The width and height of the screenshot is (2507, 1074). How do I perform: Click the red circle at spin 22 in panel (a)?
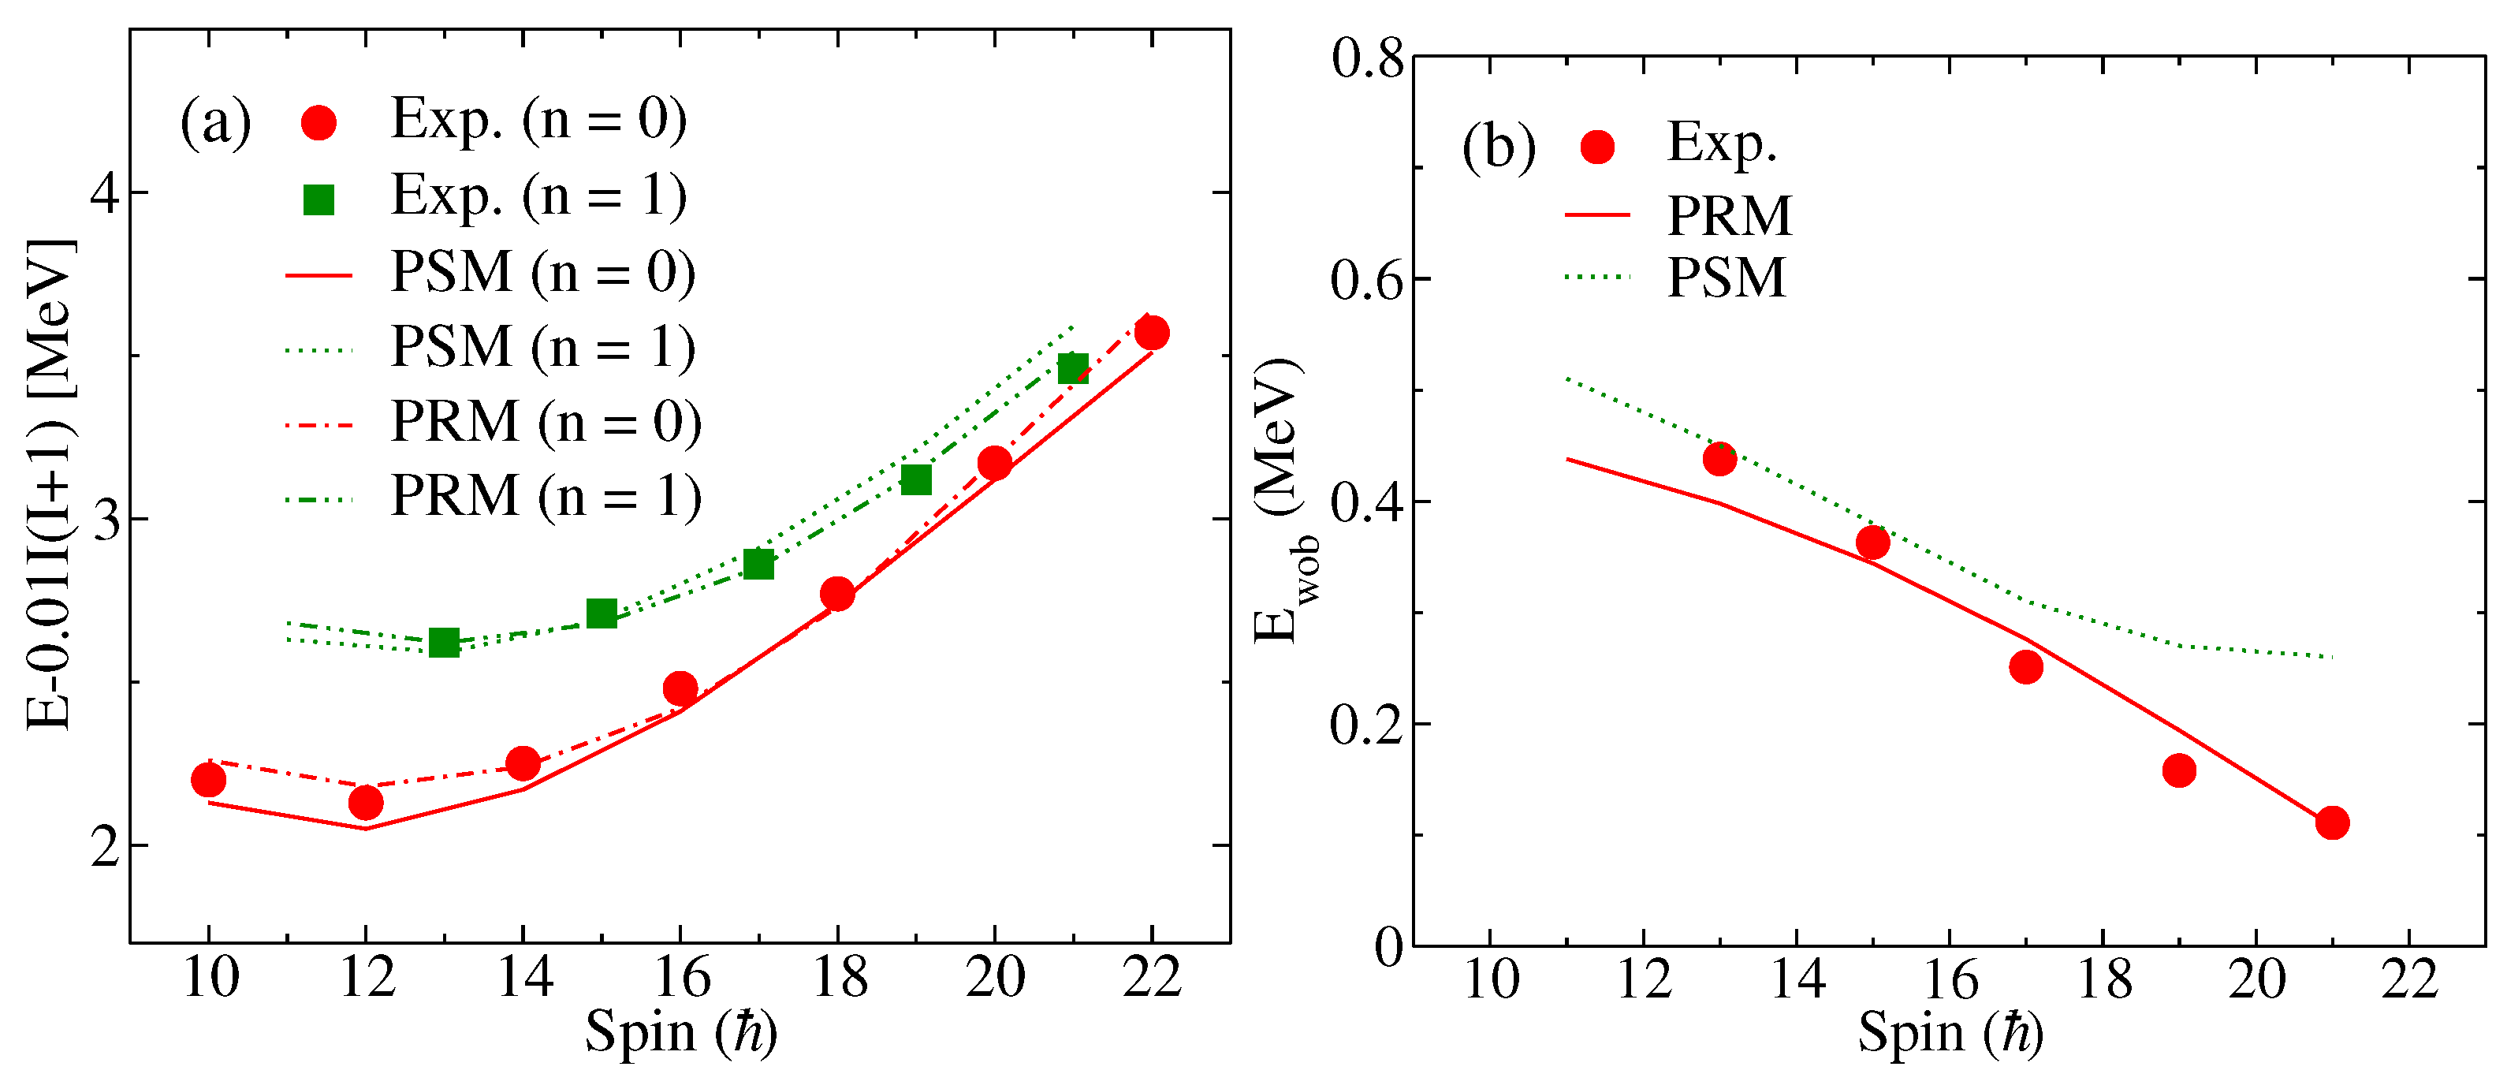[x=1151, y=333]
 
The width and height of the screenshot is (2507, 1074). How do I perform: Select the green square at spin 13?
[x=444, y=643]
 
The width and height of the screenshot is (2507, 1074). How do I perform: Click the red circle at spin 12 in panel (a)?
[x=365, y=802]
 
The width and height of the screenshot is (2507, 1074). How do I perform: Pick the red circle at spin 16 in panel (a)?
[x=680, y=688]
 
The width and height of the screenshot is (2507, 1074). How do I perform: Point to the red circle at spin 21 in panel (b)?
[x=2332, y=822]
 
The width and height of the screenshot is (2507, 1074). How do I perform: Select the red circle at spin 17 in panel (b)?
[x=2025, y=667]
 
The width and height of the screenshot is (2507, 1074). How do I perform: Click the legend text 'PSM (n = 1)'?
[x=543, y=348]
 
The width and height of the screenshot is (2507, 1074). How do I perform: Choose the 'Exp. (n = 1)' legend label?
[x=538, y=196]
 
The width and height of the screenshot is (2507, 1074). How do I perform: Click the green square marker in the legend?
[x=319, y=200]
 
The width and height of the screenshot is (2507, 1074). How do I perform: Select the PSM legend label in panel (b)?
[x=1727, y=278]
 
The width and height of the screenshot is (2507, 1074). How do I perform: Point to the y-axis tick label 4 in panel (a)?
[x=105, y=192]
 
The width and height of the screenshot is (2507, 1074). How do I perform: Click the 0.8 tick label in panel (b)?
[x=1367, y=58]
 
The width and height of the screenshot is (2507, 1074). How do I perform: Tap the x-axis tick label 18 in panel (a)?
[x=839, y=978]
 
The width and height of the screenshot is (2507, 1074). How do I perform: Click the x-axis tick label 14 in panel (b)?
[x=1797, y=979]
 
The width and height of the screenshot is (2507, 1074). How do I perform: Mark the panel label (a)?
[x=215, y=124]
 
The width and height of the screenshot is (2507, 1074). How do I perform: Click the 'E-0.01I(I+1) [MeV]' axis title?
[x=50, y=484]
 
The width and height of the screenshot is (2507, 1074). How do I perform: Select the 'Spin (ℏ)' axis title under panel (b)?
[x=1950, y=1033]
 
